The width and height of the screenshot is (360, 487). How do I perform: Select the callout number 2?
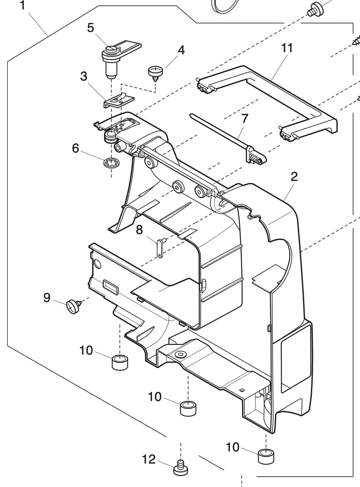pyautogui.click(x=293, y=177)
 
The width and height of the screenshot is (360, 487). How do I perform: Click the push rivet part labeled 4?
pyautogui.click(x=155, y=72)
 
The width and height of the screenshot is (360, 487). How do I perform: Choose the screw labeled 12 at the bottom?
pyautogui.click(x=180, y=469)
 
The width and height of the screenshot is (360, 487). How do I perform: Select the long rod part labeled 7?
pyautogui.click(x=225, y=135)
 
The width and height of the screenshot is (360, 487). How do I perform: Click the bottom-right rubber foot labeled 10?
pyautogui.click(x=266, y=456)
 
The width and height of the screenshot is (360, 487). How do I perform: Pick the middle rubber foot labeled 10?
pyautogui.click(x=189, y=409)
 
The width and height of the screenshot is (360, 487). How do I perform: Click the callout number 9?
pyautogui.click(x=47, y=298)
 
